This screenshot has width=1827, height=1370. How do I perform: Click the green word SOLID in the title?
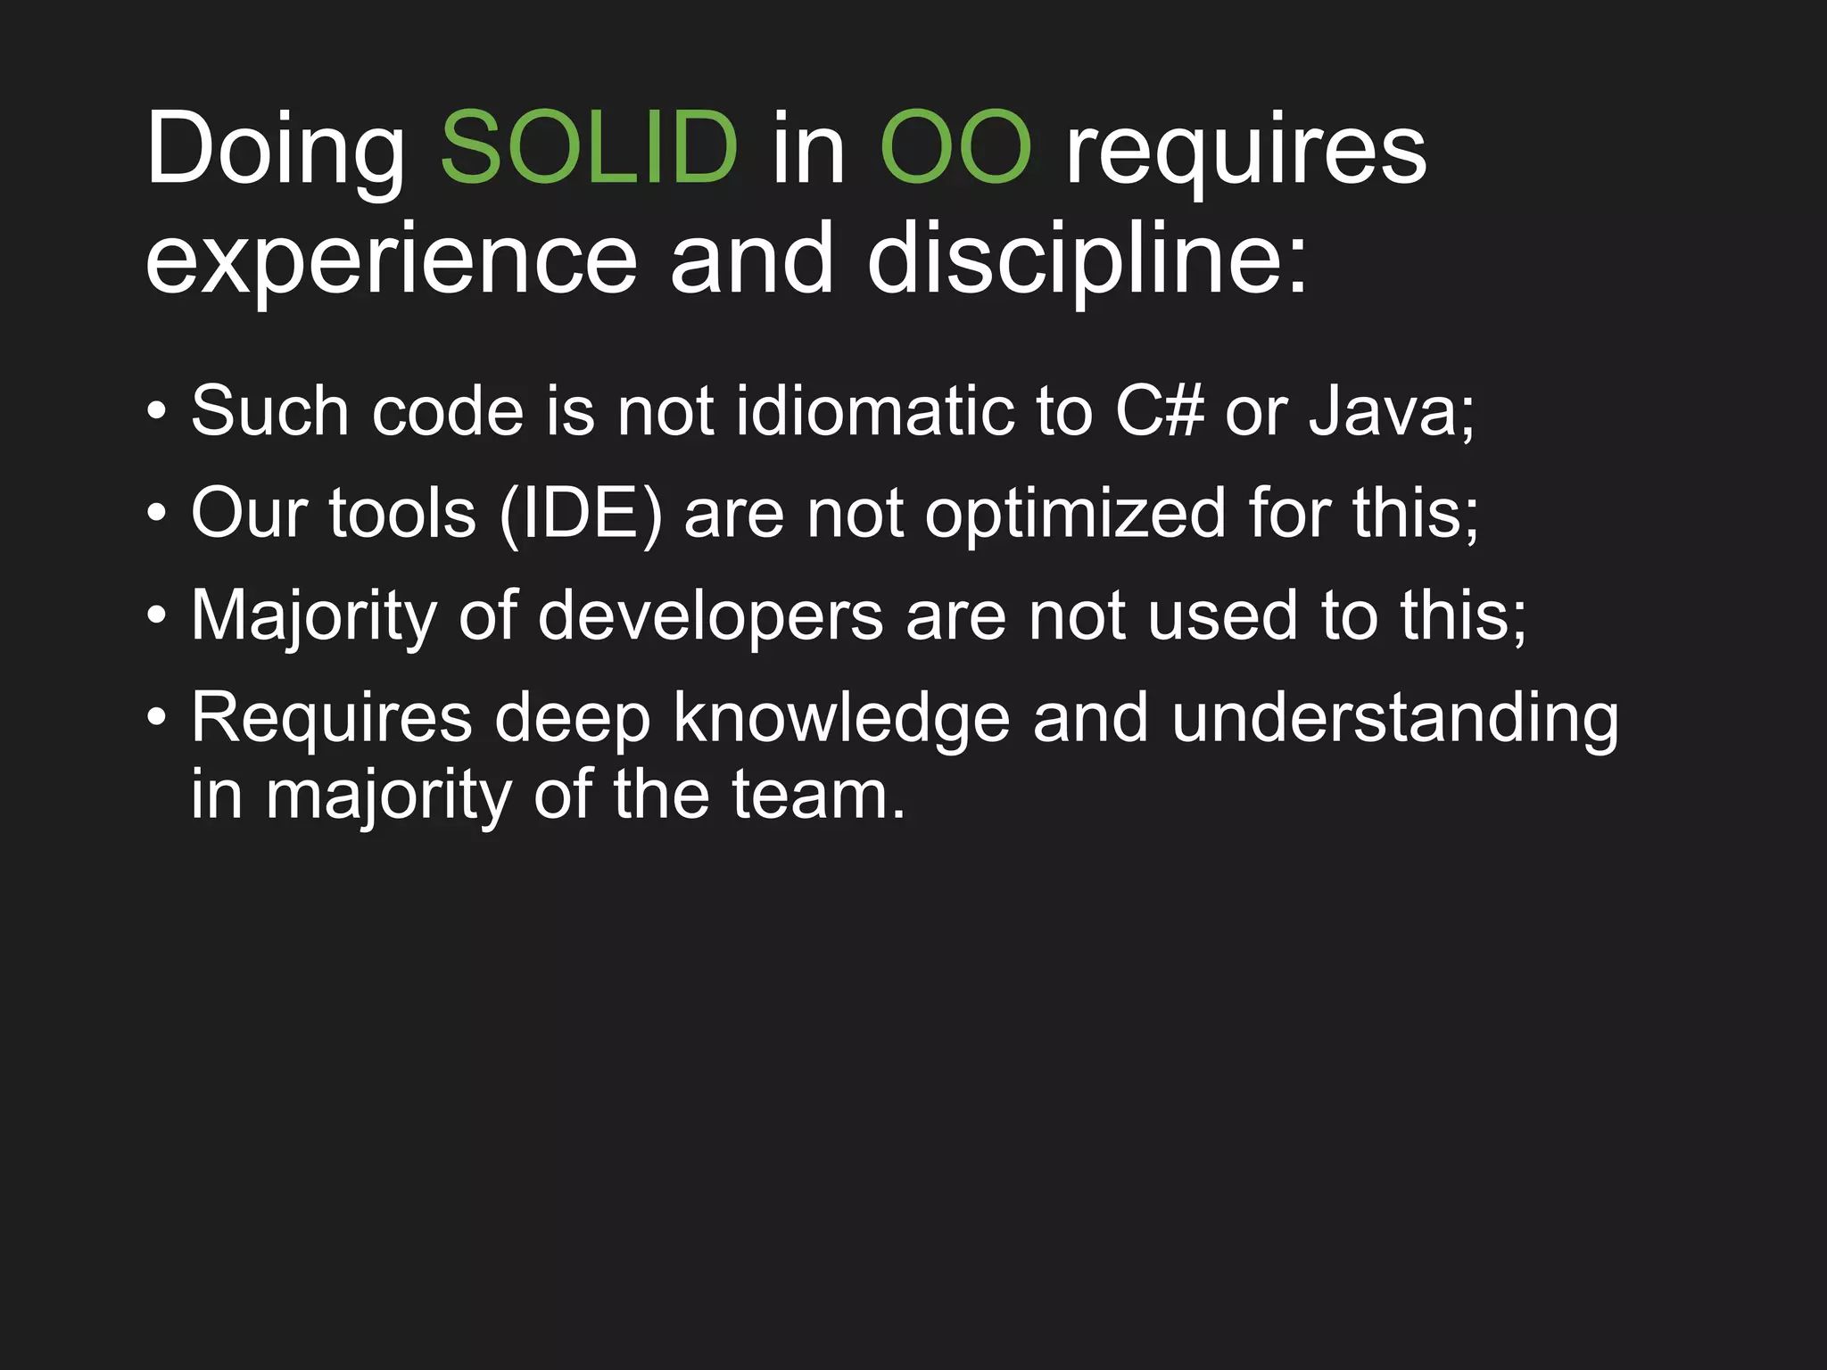pyautogui.click(x=589, y=148)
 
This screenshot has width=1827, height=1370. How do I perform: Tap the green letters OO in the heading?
pyautogui.click(x=955, y=148)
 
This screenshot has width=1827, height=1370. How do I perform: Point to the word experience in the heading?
pyautogui.click(x=391, y=260)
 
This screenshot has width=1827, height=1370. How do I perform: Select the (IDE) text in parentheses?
pyautogui.click(x=581, y=515)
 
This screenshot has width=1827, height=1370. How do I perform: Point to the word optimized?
pyautogui.click(x=1075, y=515)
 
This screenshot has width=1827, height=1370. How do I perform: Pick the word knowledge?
pyautogui.click(x=841, y=719)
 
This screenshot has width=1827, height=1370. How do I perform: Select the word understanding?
pyautogui.click(x=1394, y=719)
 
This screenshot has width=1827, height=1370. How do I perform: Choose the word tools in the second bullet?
pyautogui.click(x=402, y=515)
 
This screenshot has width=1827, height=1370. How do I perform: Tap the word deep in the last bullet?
pyautogui.click(x=572, y=719)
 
